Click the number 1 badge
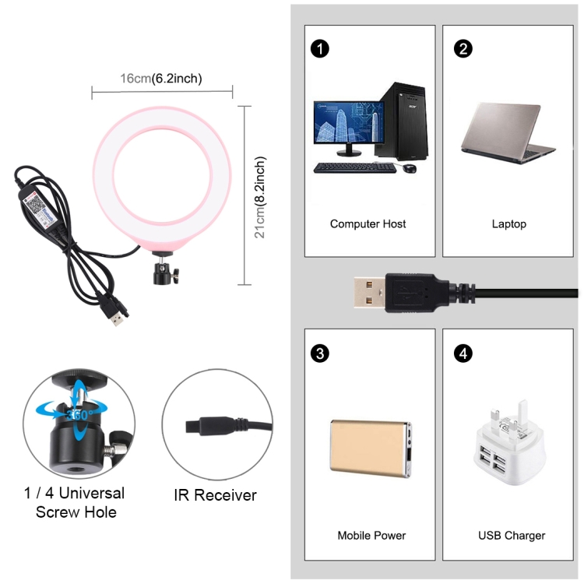point(319,48)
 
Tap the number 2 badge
point(464,48)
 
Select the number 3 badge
point(319,354)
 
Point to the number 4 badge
point(464,354)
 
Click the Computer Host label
point(368,224)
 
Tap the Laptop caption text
point(509,224)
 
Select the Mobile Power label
point(371,536)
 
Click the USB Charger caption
point(512,536)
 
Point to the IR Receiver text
point(216,495)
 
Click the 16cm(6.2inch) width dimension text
point(162,78)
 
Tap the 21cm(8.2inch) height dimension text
point(261,198)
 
